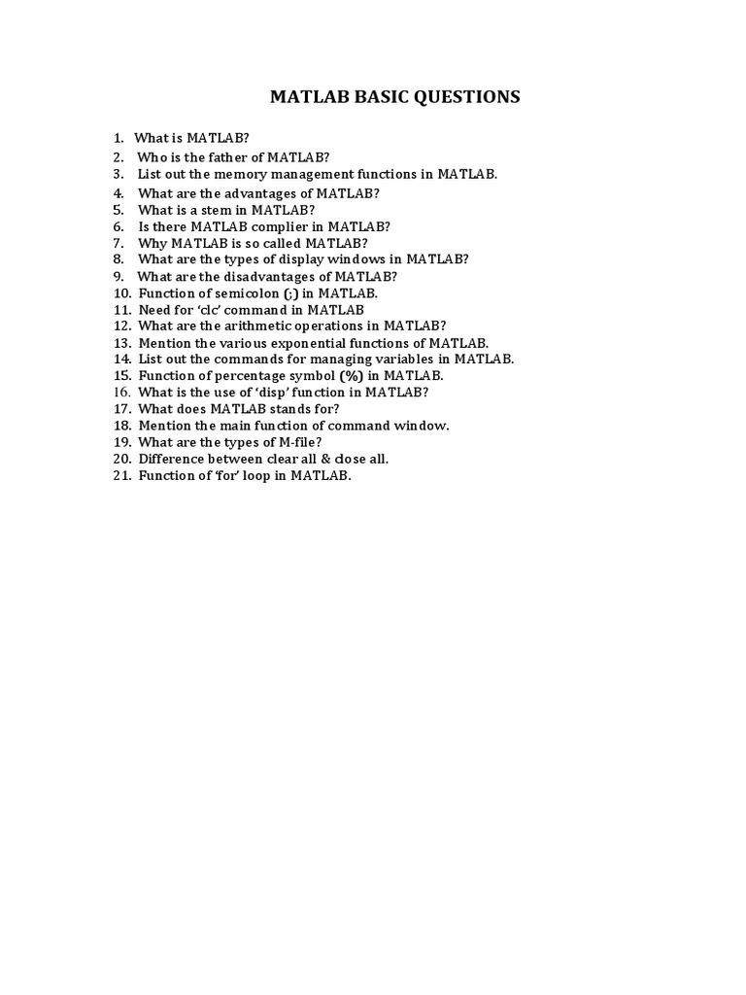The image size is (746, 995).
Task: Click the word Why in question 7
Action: [x=153, y=243]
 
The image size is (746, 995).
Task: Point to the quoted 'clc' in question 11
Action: [x=220, y=309]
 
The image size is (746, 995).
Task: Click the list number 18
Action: [x=121, y=426]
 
